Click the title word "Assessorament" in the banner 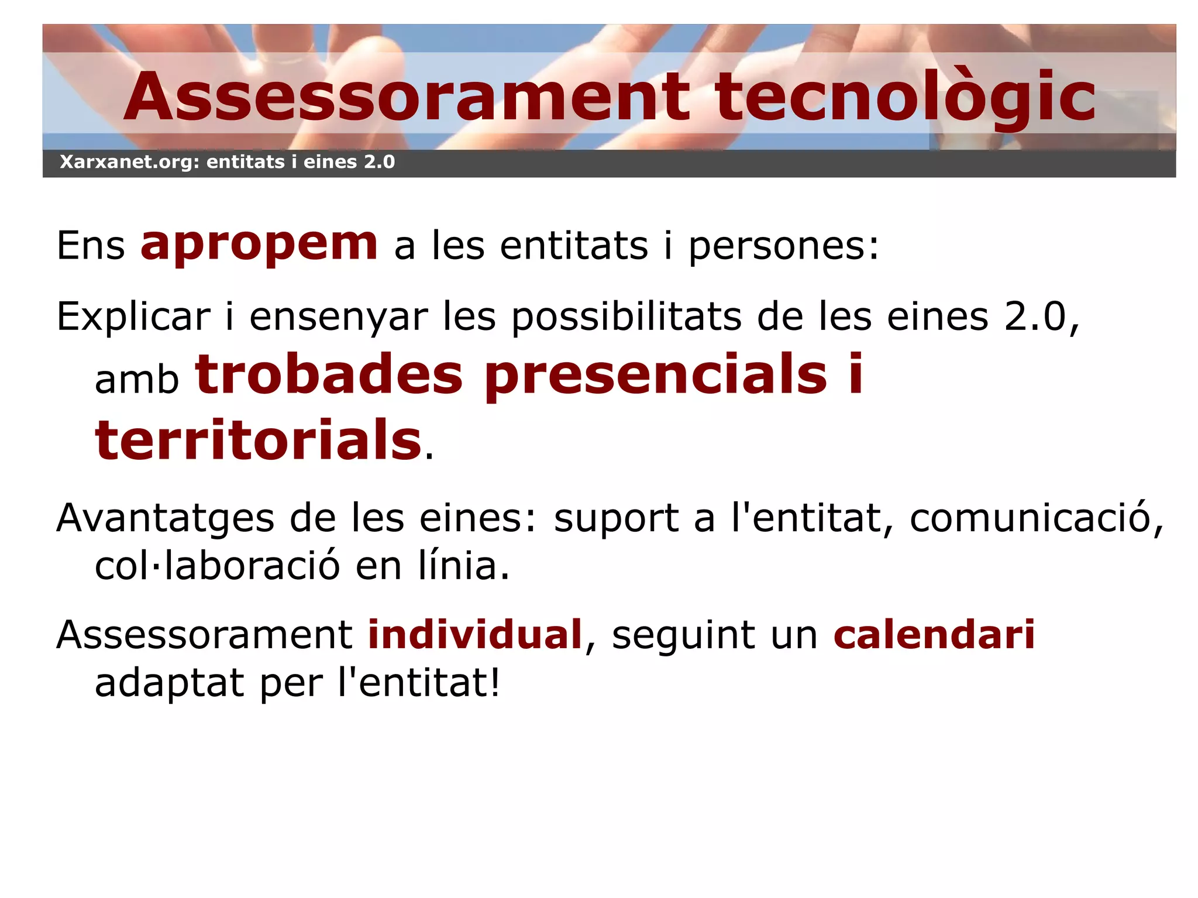coord(407,97)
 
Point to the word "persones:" coord(783,246)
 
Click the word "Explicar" coord(133,317)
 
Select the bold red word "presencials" coord(656,376)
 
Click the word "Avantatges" coord(166,518)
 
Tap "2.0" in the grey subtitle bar coord(379,161)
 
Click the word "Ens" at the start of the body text coord(91,246)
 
